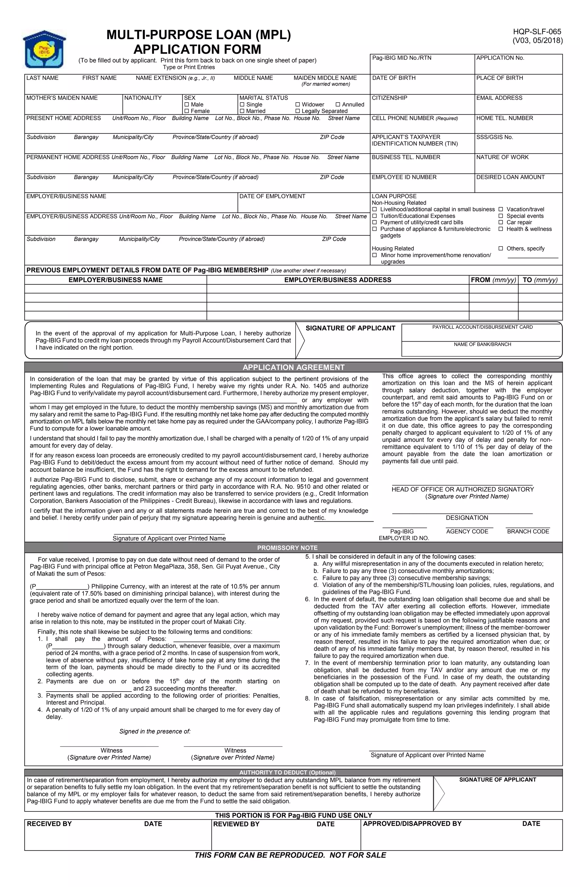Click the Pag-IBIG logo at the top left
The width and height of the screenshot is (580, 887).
pos(44,49)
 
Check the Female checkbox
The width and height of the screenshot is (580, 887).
pos(187,111)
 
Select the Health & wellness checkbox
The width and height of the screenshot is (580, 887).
pos(501,229)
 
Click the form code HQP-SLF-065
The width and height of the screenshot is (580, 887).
pos(537,32)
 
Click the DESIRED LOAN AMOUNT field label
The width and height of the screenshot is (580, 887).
pos(510,177)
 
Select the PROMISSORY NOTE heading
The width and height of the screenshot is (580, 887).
pos(287,548)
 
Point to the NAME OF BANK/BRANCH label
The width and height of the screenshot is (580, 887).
pos(482,344)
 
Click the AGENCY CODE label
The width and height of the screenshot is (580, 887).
pos(467,532)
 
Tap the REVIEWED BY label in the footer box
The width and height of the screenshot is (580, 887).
pos(236,824)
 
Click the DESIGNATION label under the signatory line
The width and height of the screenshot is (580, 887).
pos(467,518)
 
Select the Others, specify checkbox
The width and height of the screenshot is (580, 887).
pos(501,249)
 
